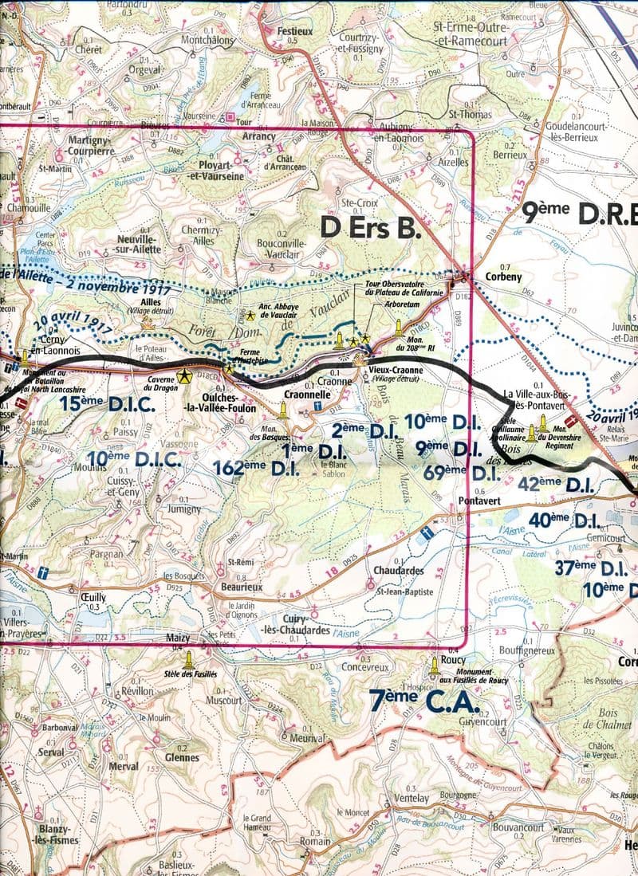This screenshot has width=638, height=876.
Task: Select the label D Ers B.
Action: click(x=369, y=227)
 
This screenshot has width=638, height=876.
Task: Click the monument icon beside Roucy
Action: click(x=435, y=663)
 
